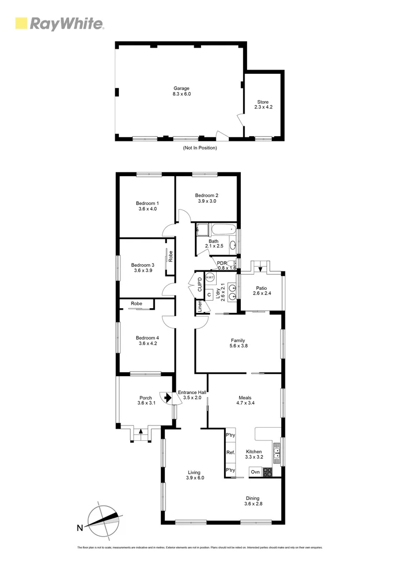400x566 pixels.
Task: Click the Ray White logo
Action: [59, 24]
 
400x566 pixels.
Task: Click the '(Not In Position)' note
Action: [199, 148]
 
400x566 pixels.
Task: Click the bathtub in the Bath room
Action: [223, 230]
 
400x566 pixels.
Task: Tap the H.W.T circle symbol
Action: [210, 277]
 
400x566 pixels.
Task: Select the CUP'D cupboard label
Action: [199, 286]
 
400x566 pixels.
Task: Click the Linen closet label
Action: [199, 307]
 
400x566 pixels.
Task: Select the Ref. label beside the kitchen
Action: [230, 452]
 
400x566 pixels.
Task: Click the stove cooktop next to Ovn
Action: [268, 472]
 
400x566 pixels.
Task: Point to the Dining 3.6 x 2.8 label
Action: [252, 501]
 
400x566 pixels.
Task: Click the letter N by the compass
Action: [80, 528]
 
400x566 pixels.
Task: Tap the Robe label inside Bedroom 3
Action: [171, 257]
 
